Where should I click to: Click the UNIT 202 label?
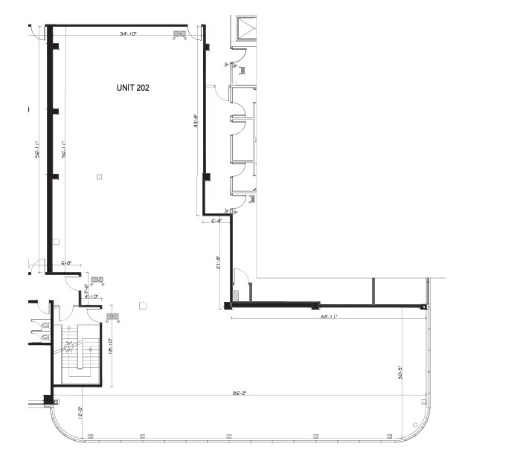(133, 87)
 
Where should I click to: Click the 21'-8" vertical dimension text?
(220, 265)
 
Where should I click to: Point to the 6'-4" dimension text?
(217, 221)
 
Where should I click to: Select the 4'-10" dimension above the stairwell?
(92, 297)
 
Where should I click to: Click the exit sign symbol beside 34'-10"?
(179, 33)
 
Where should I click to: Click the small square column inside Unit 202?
(100, 176)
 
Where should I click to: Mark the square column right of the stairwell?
(143, 305)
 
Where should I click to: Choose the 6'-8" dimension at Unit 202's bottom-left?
(65, 262)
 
